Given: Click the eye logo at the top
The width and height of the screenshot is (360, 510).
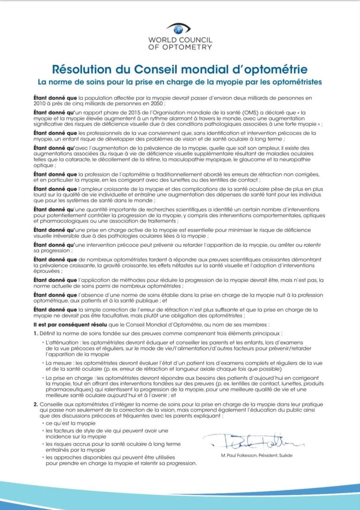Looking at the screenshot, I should [x=180, y=28].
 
